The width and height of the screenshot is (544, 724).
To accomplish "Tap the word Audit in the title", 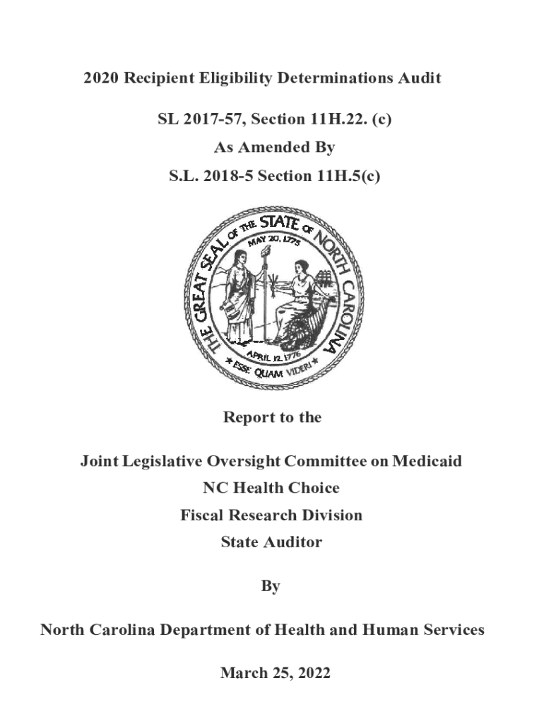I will (x=419, y=78).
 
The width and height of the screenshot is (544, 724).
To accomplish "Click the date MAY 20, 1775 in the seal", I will (x=274, y=242).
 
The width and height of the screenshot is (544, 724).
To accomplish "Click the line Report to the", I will (x=272, y=418).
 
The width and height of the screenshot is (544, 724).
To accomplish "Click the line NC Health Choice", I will (x=271, y=489).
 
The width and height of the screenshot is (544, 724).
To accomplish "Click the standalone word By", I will (x=271, y=586).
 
